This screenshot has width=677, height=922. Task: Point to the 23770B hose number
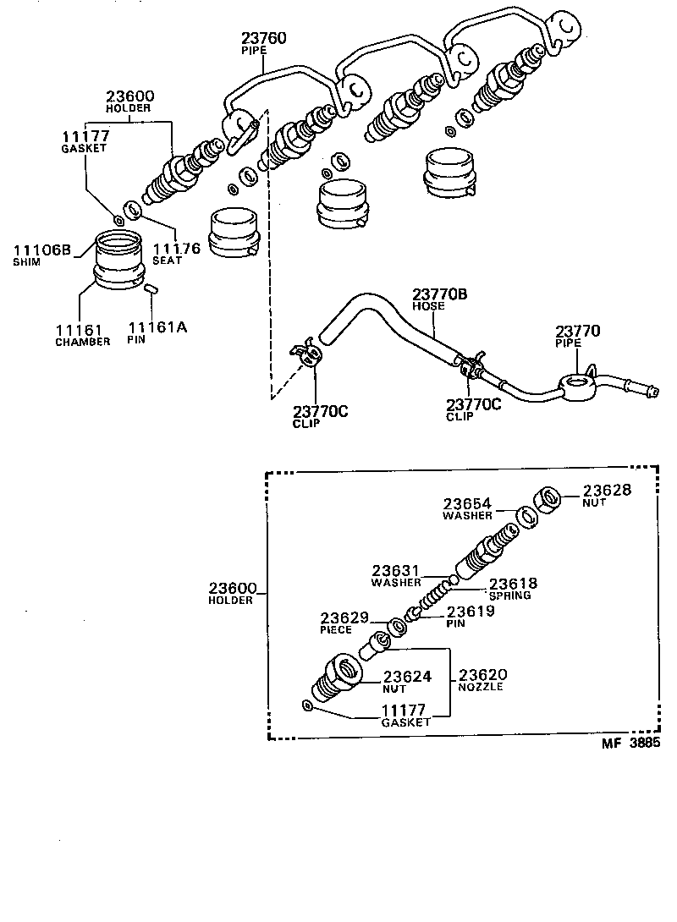pyautogui.click(x=440, y=294)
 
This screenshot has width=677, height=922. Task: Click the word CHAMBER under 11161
pyautogui.click(x=83, y=342)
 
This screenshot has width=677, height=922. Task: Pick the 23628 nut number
pyautogui.click(x=608, y=490)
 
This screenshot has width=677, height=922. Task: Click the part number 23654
pyautogui.click(x=467, y=503)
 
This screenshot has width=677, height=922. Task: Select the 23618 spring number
pyautogui.click(x=513, y=584)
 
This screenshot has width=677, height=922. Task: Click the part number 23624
pyautogui.click(x=409, y=676)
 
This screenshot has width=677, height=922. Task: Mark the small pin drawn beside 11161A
pyautogui.click(x=151, y=289)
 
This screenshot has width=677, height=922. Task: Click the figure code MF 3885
pyautogui.click(x=630, y=744)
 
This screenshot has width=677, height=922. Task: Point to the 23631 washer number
pyautogui.click(x=397, y=571)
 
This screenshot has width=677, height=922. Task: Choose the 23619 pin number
pyautogui.click(x=472, y=612)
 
